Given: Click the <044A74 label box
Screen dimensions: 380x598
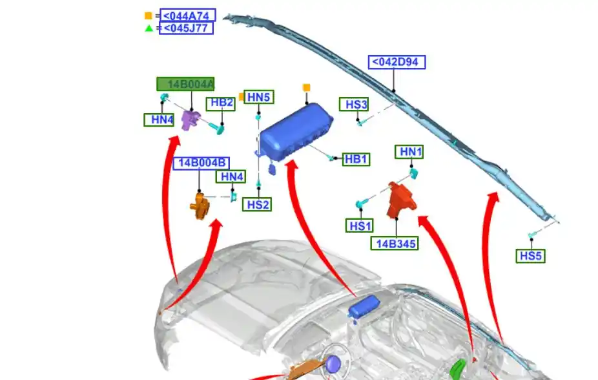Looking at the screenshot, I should tap(187, 16).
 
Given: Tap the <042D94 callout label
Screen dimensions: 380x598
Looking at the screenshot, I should tap(397, 62).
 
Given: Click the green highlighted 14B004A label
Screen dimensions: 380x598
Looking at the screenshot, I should tap(185, 84).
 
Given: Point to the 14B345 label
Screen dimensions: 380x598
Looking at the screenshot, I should tap(394, 243).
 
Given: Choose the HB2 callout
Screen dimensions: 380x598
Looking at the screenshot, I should tap(220, 103).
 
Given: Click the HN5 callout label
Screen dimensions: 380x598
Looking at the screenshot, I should tap(259, 97).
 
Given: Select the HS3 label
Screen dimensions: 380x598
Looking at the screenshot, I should tap(356, 105).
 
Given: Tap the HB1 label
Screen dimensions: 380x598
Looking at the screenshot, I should tap(356, 159).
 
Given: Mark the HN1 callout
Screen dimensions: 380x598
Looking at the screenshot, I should tap(411, 152).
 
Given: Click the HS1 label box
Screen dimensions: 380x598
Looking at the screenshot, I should tap(360, 226).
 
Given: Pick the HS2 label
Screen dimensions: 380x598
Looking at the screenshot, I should tap(257, 205).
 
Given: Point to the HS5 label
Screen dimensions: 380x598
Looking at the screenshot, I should tap(531, 256).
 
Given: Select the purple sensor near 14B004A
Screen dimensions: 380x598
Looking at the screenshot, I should tap(191, 119).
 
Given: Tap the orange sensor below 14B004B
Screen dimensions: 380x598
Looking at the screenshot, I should tap(200, 206).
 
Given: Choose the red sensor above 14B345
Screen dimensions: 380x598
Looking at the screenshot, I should tap(401, 200).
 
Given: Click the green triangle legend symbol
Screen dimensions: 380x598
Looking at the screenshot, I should tap(149, 28).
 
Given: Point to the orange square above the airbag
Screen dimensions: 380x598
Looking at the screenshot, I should tap(307, 87).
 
